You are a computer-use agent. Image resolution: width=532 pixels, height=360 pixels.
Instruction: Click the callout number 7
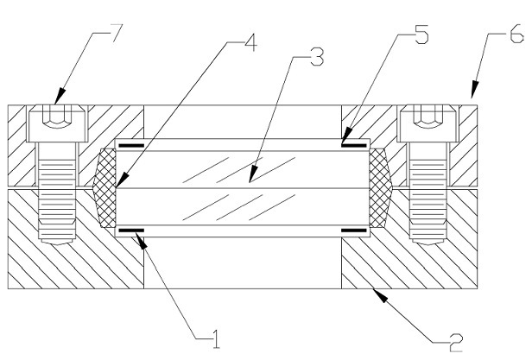(x=114, y=32)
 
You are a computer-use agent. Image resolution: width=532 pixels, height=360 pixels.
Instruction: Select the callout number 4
(x=250, y=42)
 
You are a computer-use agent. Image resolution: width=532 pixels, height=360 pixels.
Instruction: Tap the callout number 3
(x=317, y=57)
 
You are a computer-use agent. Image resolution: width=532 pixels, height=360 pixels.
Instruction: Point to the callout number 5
(x=421, y=35)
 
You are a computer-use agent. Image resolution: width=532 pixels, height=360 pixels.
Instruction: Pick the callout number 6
(x=517, y=35)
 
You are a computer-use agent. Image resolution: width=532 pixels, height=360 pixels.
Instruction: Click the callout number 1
(x=216, y=339)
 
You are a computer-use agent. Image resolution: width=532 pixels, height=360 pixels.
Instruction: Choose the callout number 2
(x=456, y=343)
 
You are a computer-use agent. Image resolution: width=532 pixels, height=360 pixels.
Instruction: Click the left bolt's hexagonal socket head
(x=57, y=123)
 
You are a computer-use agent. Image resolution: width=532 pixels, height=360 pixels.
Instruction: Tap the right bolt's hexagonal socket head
(x=427, y=123)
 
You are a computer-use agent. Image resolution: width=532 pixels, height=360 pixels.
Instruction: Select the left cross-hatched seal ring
(x=105, y=187)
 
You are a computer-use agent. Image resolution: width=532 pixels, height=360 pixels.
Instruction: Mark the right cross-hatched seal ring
(x=380, y=187)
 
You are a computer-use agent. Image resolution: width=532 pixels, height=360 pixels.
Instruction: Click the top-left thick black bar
(x=131, y=146)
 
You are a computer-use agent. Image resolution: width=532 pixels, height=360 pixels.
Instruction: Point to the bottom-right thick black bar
(x=353, y=231)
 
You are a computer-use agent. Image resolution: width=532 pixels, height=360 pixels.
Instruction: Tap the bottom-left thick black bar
(x=131, y=231)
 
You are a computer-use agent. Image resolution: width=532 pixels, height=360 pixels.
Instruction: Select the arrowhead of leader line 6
(x=474, y=90)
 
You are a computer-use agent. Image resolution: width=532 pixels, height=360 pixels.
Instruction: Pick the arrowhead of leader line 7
(x=59, y=96)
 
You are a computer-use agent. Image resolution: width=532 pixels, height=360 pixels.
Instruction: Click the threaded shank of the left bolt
(x=57, y=193)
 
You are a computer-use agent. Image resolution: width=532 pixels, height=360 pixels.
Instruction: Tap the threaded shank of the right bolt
(x=427, y=193)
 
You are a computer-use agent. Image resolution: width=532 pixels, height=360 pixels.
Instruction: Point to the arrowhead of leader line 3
(x=252, y=174)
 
